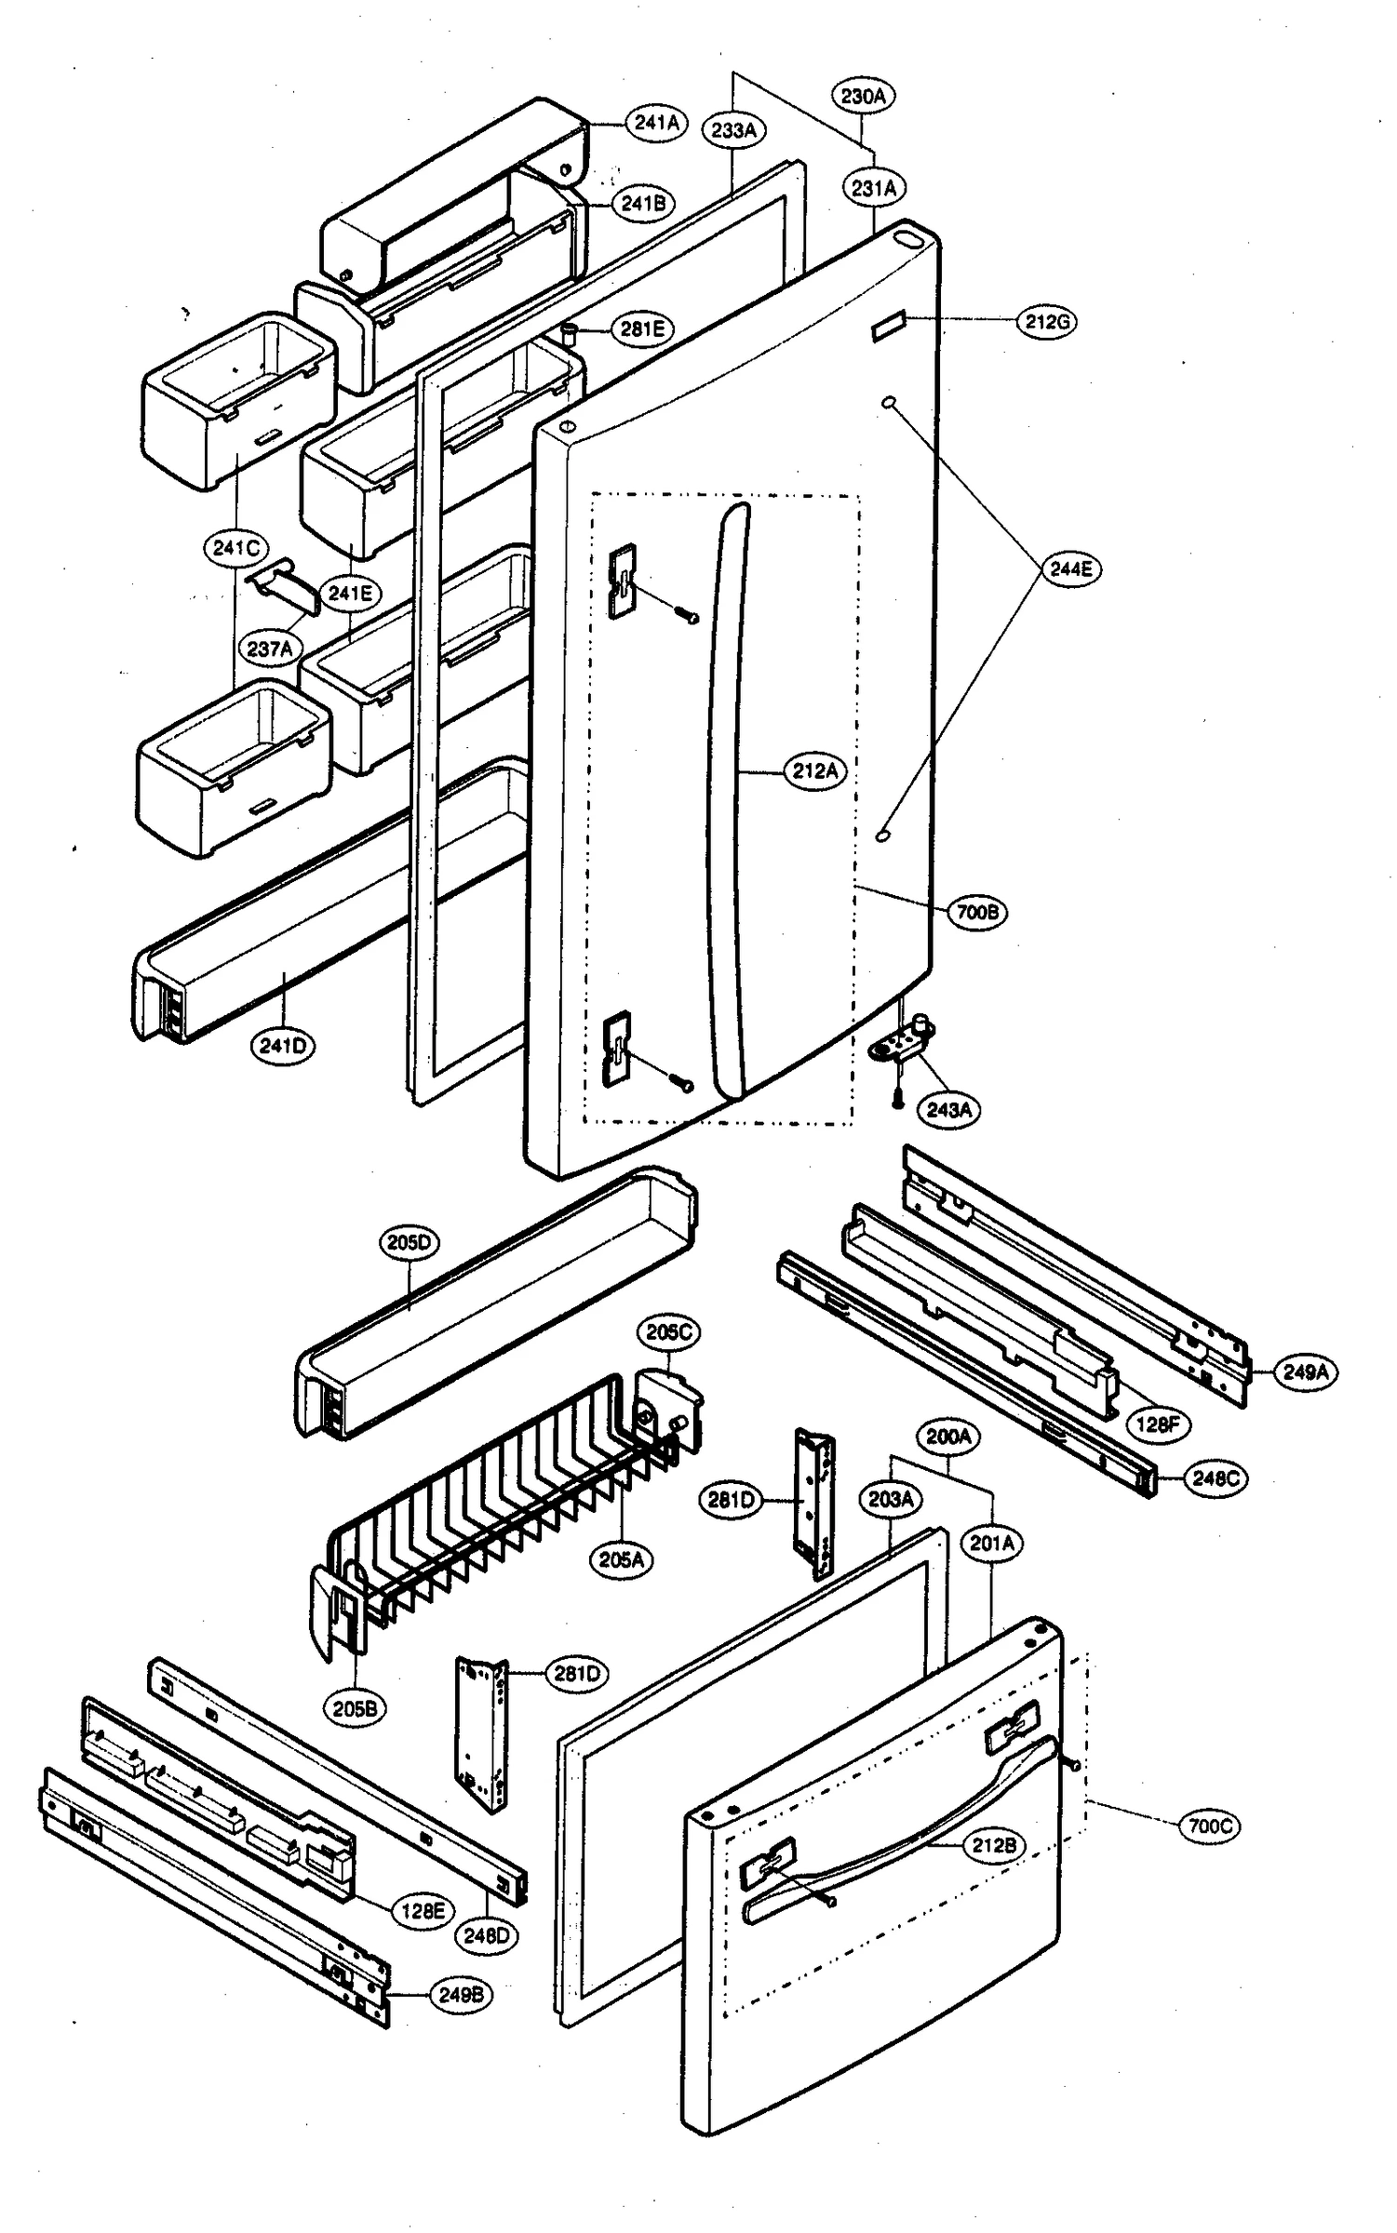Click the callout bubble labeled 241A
(656, 122)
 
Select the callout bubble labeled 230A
(861, 96)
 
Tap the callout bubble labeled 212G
(1046, 322)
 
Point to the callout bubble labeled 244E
(1070, 568)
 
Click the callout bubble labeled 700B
(977, 913)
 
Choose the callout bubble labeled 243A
(948, 1110)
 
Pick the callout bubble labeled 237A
(270, 649)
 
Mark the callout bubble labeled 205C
(669, 1332)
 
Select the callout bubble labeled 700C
(1210, 1826)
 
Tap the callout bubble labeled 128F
(1158, 1424)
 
